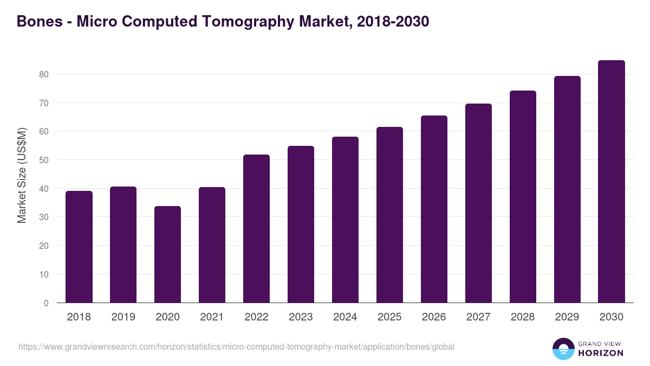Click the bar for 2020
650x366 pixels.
[x=167, y=254]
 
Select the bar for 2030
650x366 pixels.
[x=612, y=182]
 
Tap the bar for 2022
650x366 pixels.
[x=256, y=229]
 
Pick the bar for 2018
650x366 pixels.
[x=79, y=247]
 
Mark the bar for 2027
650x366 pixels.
[x=478, y=203]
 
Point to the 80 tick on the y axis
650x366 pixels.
[x=43, y=74]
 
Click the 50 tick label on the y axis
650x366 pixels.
[x=43, y=160]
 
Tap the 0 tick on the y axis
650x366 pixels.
[x=46, y=303]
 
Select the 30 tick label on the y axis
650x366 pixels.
[x=43, y=217]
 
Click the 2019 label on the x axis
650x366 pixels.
[x=123, y=317]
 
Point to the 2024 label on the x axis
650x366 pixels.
[x=345, y=317]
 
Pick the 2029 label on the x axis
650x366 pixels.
[x=567, y=317]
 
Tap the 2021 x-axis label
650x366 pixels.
[x=212, y=317]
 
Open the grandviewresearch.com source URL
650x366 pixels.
[x=236, y=346]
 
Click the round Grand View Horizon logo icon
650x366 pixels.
[x=563, y=349]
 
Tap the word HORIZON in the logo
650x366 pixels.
[x=601, y=353]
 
